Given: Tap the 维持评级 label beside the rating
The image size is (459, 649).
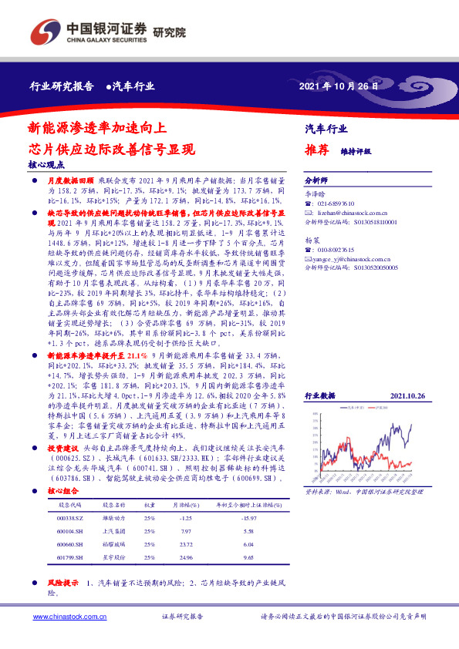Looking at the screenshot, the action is click(356, 152).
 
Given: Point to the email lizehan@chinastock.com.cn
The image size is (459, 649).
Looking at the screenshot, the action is click(352, 210).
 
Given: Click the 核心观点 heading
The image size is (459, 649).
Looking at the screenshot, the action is click(47, 165).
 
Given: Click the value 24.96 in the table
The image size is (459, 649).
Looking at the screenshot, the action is click(183, 555).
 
